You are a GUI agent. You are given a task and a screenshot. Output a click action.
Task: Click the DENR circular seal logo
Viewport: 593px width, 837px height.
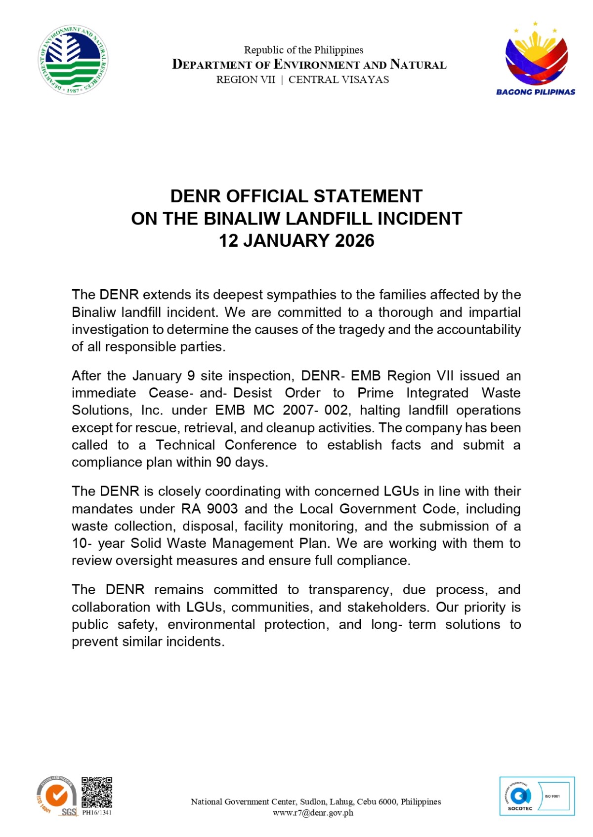(x=73, y=60)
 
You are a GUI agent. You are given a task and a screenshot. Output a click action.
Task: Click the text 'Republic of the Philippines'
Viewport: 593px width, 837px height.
(x=303, y=50)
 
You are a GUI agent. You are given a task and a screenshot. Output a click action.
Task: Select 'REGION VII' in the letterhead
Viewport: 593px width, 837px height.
(x=246, y=79)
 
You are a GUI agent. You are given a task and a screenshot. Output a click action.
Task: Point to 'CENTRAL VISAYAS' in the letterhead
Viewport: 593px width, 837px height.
(x=339, y=79)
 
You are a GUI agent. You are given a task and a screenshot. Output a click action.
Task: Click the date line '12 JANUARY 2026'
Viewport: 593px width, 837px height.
(x=296, y=241)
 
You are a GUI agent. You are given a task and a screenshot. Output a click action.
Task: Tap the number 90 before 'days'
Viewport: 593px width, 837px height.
(x=224, y=462)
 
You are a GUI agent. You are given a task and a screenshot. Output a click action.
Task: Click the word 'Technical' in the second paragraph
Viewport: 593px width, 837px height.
(x=185, y=445)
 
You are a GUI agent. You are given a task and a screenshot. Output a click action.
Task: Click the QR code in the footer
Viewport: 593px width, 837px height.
(x=97, y=792)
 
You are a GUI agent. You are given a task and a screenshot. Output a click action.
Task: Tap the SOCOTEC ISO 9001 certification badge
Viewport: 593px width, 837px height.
(x=537, y=796)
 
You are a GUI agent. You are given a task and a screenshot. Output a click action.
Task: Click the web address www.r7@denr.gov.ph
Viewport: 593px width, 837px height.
(x=313, y=813)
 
